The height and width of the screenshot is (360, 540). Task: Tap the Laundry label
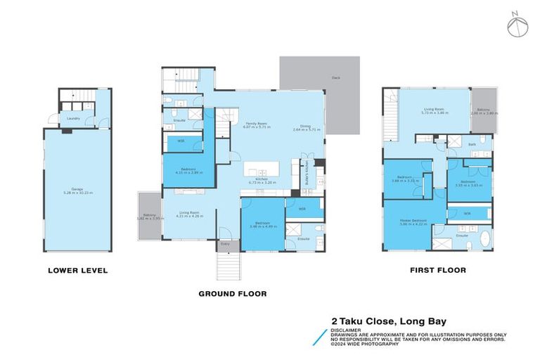(x=72, y=118)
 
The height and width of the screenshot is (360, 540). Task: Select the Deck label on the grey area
(x=336, y=78)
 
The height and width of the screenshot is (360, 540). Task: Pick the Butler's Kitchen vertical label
(x=307, y=172)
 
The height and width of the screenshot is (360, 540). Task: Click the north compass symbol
(x=517, y=25)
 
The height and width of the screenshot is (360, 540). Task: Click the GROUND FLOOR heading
(x=232, y=293)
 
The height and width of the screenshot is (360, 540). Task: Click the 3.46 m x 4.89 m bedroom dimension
(x=262, y=226)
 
